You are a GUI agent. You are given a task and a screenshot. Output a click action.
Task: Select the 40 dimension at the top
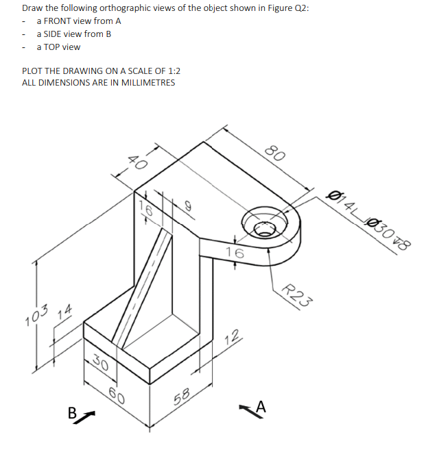click(x=137, y=164)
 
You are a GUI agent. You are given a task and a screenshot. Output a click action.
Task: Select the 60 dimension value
click(x=117, y=397)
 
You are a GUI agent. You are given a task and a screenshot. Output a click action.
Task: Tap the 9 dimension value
click(x=184, y=204)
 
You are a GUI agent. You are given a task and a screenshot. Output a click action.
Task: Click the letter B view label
click(x=71, y=413)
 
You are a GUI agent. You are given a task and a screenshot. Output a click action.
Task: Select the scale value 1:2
click(x=169, y=71)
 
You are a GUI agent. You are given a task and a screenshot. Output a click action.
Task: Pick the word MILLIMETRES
click(x=147, y=83)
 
